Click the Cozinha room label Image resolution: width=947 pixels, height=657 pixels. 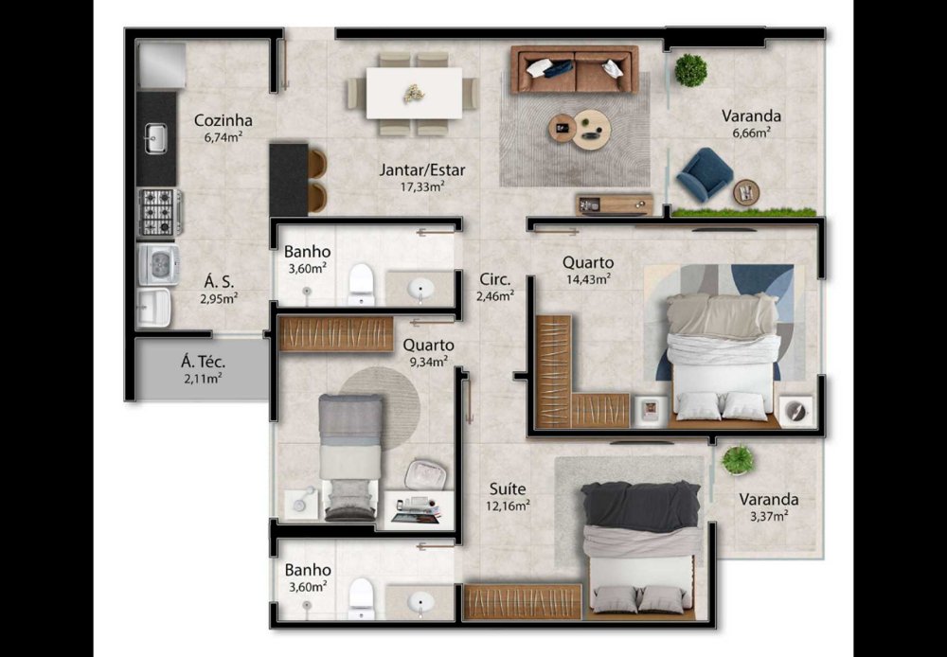[223, 121]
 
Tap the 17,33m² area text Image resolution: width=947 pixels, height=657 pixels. [422, 186]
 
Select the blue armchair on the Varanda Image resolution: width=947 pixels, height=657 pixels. [705, 174]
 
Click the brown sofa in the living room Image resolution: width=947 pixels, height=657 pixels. [575, 69]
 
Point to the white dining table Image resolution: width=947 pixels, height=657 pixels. [415, 93]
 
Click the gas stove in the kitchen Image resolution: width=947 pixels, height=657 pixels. [160, 212]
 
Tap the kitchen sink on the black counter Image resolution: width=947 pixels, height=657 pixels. [156, 138]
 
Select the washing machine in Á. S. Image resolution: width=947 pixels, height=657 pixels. [158, 263]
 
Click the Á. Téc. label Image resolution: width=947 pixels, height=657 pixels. [203, 363]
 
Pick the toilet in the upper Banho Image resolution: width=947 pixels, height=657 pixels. [362, 284]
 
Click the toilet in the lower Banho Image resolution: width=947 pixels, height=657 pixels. [362, 598]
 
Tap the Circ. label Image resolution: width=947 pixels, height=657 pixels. [495, 279]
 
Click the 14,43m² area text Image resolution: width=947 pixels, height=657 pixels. [588, 278]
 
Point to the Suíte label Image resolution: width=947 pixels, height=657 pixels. [508, 488]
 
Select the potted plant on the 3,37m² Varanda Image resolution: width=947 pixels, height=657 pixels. [738, 460]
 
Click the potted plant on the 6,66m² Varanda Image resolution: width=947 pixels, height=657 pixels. [691, 70]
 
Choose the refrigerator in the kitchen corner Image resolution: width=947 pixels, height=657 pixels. [161, 64]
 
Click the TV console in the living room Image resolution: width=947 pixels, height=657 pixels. [615, 204]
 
